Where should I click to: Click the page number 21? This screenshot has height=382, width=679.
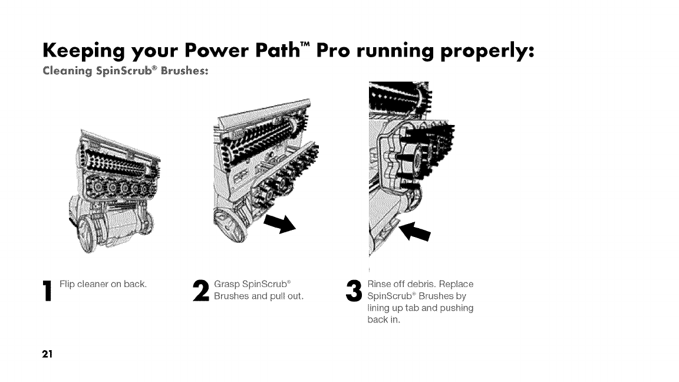[47, 354]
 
